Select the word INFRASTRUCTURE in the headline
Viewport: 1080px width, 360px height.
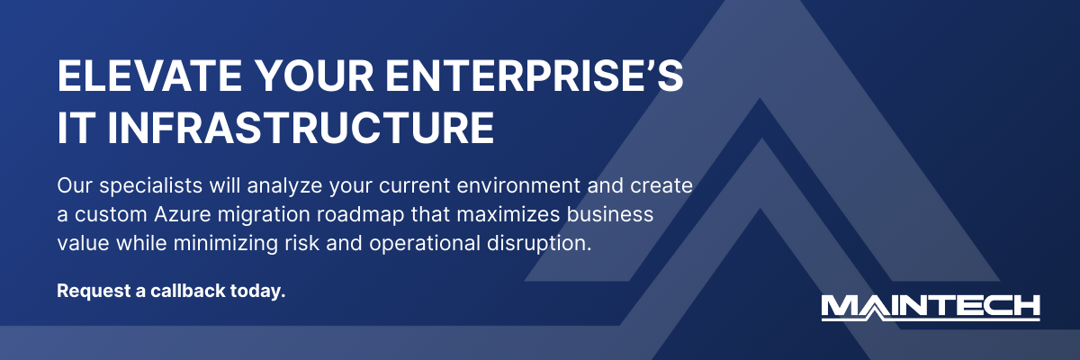coord(301,128)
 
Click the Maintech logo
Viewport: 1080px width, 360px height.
coord(931,307)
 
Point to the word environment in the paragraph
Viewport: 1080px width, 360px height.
coord(499,187)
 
